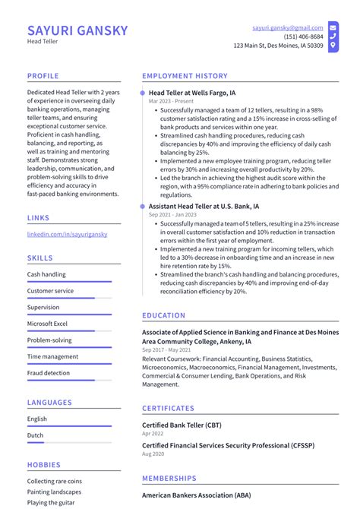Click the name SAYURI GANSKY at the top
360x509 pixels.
click(x=77, y=31)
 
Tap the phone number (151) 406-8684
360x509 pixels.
click(x=304, y=36)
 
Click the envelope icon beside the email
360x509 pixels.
click(x=333, y=27)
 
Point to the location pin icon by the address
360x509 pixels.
click(x=333, y=46)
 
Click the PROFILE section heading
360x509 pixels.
click(x=44, y=76)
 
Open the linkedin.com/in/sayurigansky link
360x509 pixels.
click(x=67, y=234)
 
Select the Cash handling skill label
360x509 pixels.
click(x=46, y=274)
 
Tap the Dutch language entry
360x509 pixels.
click(x=36, y=435)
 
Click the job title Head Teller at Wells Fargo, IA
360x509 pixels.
click(x=192, y=93)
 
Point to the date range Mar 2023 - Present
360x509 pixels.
click(x=170, y=101)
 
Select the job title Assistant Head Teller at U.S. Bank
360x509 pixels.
click(x=204, y=206)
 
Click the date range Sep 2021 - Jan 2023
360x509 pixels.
click(x=172, y=215)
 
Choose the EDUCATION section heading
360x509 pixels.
click(x=163, y=315)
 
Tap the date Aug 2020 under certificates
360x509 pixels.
click(x=153, y=454)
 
